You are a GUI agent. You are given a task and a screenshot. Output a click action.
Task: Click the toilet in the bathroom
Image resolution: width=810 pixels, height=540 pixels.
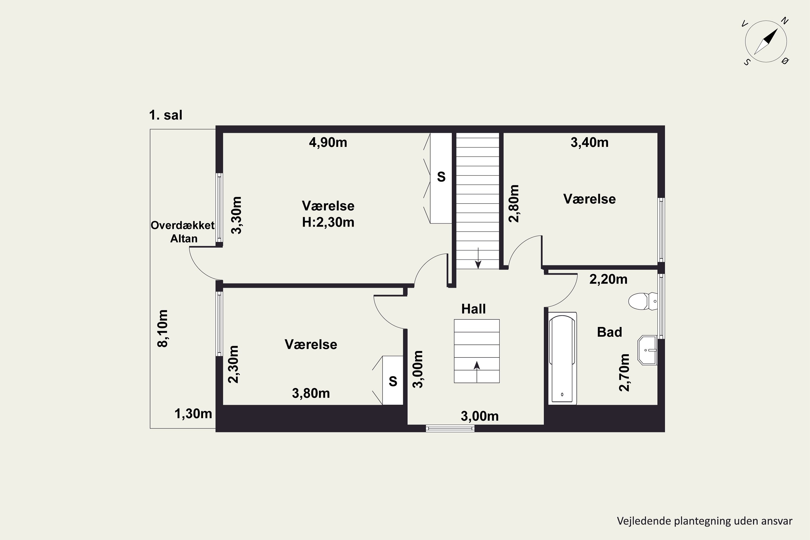[643, 301]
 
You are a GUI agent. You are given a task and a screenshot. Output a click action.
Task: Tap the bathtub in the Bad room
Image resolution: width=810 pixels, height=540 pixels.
[562, 358]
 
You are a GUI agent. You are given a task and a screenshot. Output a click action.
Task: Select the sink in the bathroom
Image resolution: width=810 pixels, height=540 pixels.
[647, 350]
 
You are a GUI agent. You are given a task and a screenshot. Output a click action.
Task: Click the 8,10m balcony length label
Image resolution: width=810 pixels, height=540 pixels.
[163, 329]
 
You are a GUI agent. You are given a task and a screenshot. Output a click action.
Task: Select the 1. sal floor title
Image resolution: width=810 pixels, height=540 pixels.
[166, 115]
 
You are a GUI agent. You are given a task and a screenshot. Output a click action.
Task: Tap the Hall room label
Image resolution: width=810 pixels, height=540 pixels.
[474, 309]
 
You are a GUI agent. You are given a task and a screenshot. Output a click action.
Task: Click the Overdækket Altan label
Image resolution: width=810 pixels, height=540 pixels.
[183, 232]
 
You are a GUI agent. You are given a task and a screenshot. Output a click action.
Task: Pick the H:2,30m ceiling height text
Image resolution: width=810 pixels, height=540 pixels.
[328, 222]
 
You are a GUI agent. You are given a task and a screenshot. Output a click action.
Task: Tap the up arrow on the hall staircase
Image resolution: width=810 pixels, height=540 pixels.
[477, 372]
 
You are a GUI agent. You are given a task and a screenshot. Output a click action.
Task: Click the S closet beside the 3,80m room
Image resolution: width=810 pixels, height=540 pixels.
[393, 380]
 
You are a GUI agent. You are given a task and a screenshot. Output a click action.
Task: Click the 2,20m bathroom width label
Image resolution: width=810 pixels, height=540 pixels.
[608, 279]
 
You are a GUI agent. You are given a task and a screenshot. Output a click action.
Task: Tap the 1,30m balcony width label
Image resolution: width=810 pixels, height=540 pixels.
[193, 414]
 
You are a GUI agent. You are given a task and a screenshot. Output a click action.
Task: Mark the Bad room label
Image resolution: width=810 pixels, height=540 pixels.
[610, 332]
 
